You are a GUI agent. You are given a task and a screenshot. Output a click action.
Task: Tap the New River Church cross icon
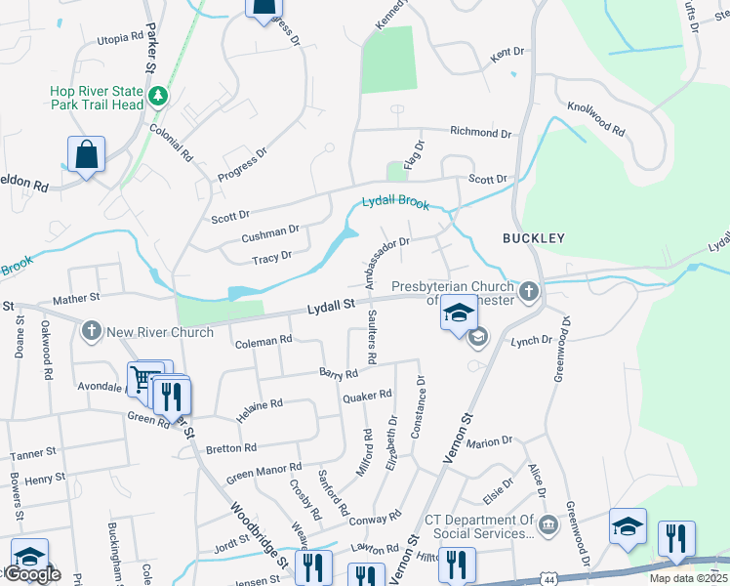(93, 331)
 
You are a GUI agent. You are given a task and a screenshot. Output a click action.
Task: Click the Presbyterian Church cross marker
(528, 290)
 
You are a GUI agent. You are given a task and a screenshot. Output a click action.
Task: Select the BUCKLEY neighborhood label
(534, 237)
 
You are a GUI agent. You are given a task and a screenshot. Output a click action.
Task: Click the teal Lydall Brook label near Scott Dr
(395, 202)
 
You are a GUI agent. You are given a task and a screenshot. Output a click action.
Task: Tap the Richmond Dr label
(480, 132)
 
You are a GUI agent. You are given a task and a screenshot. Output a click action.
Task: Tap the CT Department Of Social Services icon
(547, 526)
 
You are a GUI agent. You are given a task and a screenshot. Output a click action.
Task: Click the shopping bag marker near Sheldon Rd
(86, 154)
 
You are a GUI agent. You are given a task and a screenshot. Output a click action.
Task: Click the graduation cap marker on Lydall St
(458, 314)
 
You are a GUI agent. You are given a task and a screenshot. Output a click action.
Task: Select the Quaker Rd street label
(367, 396)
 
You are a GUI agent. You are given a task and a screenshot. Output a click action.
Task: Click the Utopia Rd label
(120, 39)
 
